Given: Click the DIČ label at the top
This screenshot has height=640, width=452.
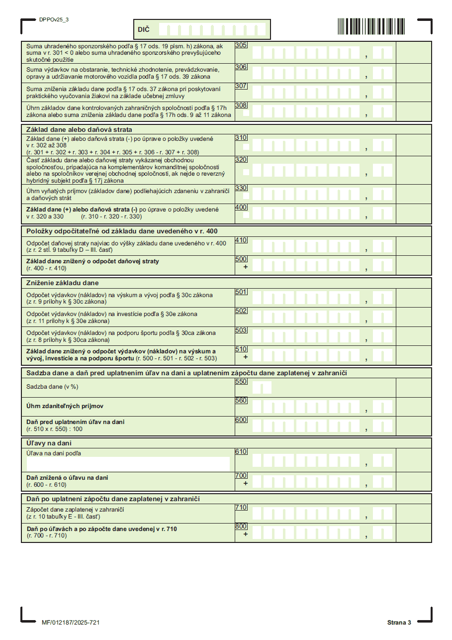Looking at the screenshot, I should click(143, 30).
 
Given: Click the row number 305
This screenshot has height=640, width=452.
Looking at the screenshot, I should click(241, 45).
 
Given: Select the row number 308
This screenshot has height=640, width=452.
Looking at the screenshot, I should click(241, 106).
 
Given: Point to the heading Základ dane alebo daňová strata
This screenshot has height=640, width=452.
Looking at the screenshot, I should click(79, 129).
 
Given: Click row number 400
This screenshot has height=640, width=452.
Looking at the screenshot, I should click(241, 207).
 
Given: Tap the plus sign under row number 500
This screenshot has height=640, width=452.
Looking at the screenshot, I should click(245, 267).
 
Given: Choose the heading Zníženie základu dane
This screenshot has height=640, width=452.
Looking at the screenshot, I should click(62, 283).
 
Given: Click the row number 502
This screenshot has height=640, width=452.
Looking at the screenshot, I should click(241, 311).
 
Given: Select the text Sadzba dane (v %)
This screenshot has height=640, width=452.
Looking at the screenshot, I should click(53, 386).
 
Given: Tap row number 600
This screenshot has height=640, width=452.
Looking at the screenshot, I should click(241, 420).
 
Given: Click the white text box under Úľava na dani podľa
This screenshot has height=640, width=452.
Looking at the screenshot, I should click(128, 464).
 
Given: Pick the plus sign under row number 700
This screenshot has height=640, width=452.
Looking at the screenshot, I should click(245, 483).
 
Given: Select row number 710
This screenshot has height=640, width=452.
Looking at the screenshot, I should click(241, 507).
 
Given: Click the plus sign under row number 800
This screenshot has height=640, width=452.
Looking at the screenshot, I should click(245, 534).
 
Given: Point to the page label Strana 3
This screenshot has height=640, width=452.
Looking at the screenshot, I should click(399, 623).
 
